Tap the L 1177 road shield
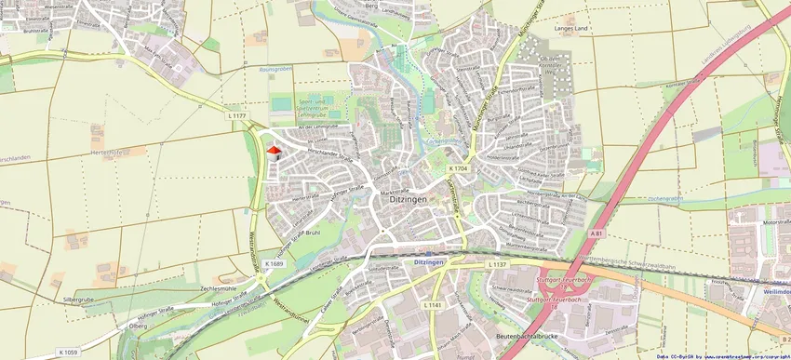237,116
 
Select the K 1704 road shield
457,168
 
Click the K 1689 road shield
273,264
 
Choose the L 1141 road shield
433,305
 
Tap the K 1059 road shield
67,352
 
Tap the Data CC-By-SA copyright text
722,355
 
